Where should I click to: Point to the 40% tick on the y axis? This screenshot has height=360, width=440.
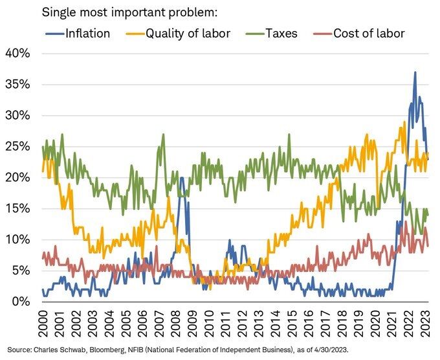[18, 53]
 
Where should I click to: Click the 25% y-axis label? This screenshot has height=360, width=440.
[18, 146]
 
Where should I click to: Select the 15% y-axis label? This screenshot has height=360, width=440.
[18, 208]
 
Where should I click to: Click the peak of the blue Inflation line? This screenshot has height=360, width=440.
[415, 72]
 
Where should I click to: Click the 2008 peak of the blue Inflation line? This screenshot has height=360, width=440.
[181, 177]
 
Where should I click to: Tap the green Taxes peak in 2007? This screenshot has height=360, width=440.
[163, 135]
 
